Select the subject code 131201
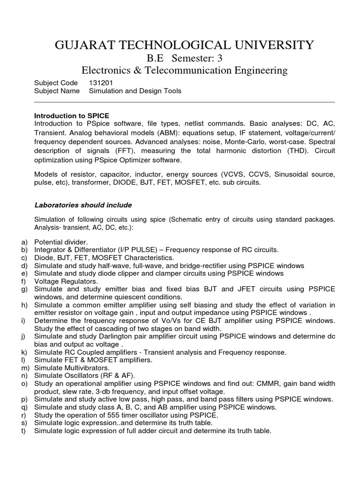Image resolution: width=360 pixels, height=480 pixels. (x=101, y=83)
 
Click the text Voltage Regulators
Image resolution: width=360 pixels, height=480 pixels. (x=66, y=281)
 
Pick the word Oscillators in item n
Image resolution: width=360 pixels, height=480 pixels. (x=80, y=375)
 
